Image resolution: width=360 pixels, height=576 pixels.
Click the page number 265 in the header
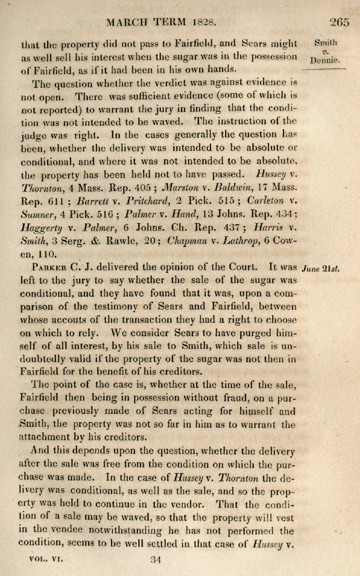pos(339,22)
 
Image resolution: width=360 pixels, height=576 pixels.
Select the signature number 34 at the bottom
pos(157,560)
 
